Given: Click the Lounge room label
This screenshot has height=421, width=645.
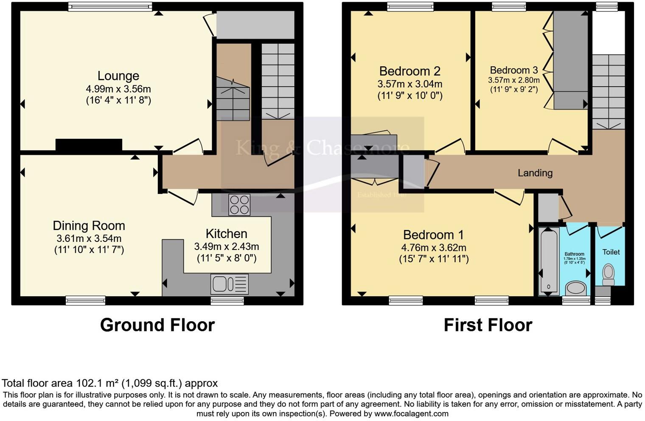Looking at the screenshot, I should click(x=118, y=76).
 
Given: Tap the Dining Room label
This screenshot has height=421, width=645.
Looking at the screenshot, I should click(x=89, y=226).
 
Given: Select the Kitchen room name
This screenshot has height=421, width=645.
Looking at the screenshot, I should click(x=226, y=234).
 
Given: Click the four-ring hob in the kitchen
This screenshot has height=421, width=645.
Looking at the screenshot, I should click(x=239, y=205).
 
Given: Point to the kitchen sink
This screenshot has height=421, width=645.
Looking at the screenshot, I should click(x=229, y=284).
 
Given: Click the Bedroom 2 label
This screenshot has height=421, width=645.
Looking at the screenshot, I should click(x=409, y=71).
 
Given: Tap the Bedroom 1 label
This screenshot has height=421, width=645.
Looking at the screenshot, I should click(x=433, y=235).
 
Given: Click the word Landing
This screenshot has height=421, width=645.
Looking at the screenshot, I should click(x=535, y=173).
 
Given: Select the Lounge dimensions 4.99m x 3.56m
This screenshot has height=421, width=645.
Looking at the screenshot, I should click(x=118, y=89).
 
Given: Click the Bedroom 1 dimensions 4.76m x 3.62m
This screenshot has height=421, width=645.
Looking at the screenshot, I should click(x=433, y=248).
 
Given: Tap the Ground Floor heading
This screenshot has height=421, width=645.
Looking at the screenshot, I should click(x=157, y=325).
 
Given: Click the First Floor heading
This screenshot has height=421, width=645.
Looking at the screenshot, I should click(x=488, y=325).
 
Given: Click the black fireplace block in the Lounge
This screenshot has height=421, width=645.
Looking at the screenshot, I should click(x=89, y=145).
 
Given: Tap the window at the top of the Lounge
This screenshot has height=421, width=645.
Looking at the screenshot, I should click(x=110, y=6).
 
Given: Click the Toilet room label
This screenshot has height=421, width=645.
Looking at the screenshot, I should click(x=611, y=252).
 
